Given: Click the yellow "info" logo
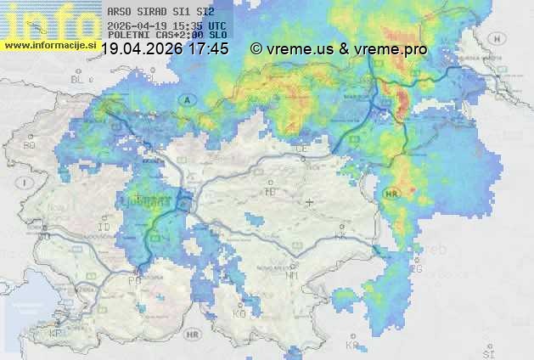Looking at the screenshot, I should pyautogui.click(x=47, y=19).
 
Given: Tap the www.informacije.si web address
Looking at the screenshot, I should pyautogui.click(x=51, y=44).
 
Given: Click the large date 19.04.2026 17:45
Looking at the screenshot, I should pyautogui.click(x=165, y=49).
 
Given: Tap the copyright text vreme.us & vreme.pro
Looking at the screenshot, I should pyautogui.click(x=339, y=49).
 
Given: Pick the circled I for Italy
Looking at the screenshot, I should pyautogui.click(x=26, y=183).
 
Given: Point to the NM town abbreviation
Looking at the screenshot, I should pyautogui.click(x=292, y=275).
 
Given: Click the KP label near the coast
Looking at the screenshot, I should pyautogui.click(x=56, y=334).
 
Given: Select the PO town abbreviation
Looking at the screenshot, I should pyautogui.click(x=133, y=279).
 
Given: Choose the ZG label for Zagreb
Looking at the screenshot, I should pyautogui.click(x=416, y=269).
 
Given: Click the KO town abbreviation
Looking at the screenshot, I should pyautogui.click(x=239, y=314).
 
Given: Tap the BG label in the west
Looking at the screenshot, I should pyautogui.click(x=30, y=145).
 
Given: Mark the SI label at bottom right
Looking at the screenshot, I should pyautogui.click(x=486, y=352).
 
